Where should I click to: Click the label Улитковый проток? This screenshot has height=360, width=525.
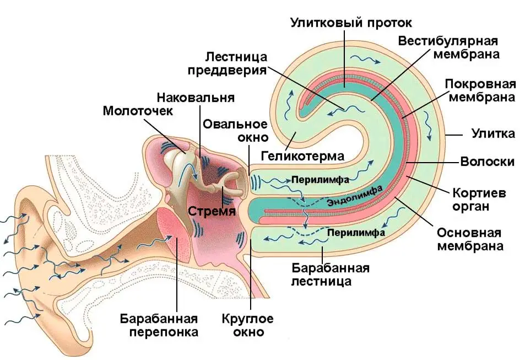pos(351,24)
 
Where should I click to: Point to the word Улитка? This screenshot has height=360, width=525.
pos(493,133)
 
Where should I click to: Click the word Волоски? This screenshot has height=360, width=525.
pos(488,162)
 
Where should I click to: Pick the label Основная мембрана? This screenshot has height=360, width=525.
pos(470,239)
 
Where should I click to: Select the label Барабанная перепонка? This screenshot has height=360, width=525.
pos(159,325)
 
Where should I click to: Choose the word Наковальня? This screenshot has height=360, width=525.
pos(196,98)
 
